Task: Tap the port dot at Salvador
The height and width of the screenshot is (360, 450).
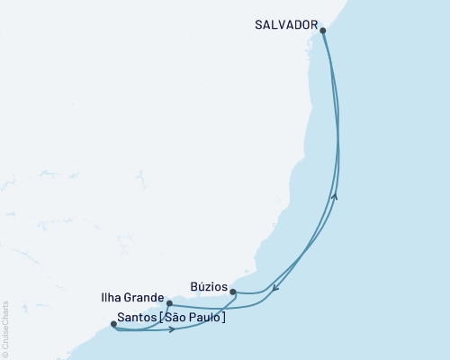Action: click(x=322, y=31)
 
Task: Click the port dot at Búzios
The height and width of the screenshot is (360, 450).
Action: click(x=233, y=292)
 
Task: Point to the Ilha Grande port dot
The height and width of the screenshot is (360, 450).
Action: click(x=168, y=304)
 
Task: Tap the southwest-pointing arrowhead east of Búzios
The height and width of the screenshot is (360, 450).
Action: click(x=275, y=288)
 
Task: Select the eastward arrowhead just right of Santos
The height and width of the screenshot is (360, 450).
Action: click(x=171, y=329)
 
